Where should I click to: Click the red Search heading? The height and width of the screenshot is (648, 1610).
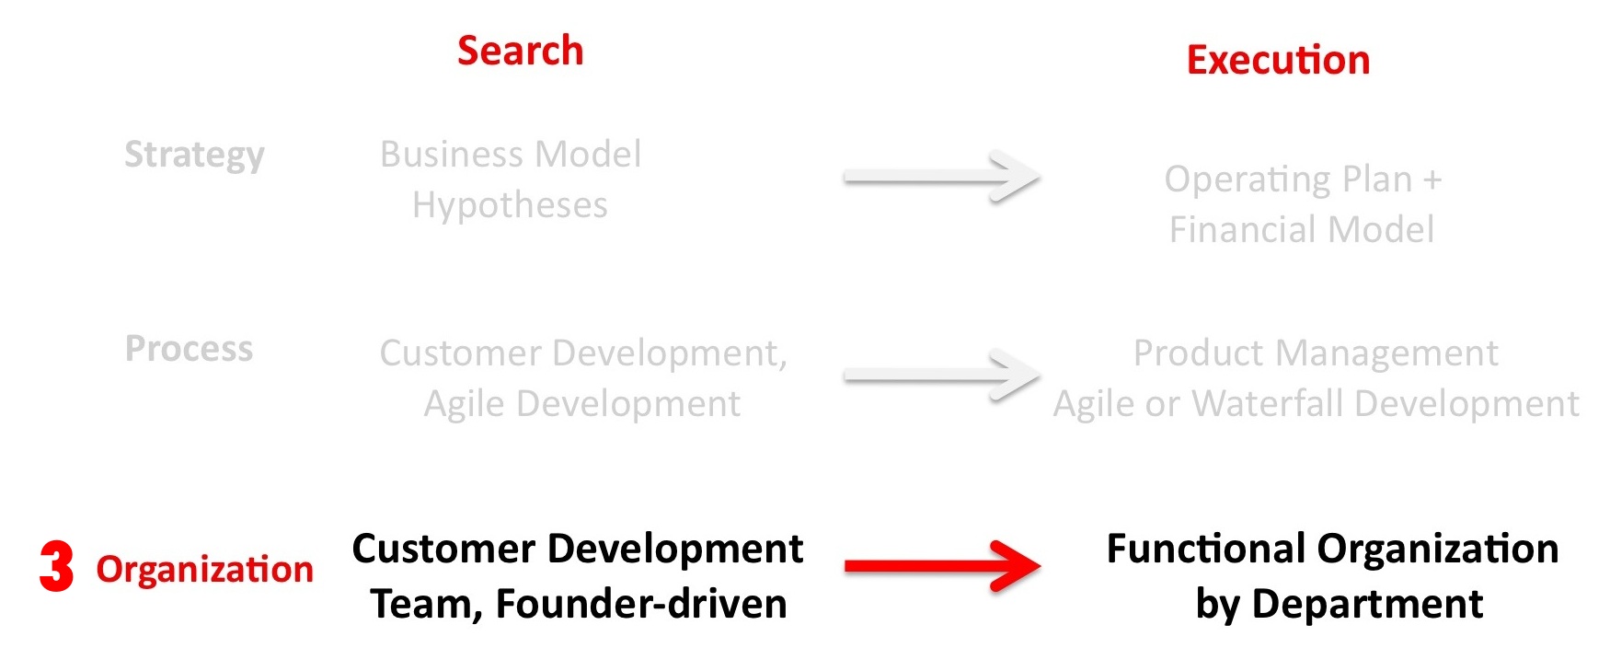coord(520,51)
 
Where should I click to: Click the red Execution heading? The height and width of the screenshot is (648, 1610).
coord(1278,60)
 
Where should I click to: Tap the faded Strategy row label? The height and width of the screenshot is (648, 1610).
coord(194,155)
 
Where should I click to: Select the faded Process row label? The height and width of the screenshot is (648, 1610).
coord(189,349)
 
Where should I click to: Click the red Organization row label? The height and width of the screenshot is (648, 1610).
coord(205,569)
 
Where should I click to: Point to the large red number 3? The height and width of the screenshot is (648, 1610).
coord(56,566)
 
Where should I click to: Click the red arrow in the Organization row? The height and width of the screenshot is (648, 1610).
coord(942,565)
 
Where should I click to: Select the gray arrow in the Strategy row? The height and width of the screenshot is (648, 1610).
coord(942,177)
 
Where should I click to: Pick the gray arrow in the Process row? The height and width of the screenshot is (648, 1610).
coord(942,375)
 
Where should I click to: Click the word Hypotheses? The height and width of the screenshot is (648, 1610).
coord(510,205)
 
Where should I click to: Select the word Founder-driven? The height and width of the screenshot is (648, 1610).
coord(641,604)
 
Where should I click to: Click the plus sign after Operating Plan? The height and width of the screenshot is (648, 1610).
coord(1432,179)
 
